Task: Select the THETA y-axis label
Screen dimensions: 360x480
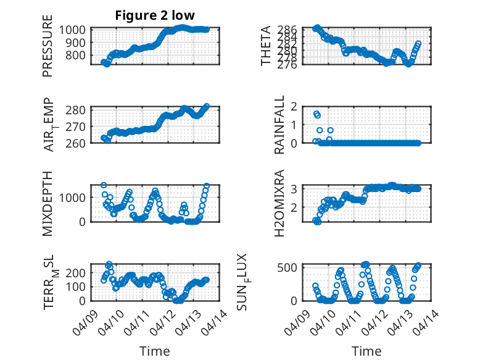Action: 266,45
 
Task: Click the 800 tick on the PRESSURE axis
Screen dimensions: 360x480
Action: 79,56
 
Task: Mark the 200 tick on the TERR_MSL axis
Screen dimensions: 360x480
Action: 79,272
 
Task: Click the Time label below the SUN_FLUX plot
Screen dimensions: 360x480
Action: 366,351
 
